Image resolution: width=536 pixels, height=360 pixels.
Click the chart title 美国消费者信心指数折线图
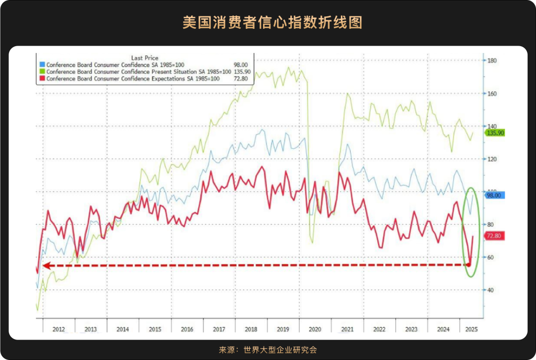click(268, 23)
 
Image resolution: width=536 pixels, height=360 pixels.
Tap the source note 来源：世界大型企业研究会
click(268, 349)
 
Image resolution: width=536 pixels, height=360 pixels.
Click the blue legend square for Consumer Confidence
click(42, 65)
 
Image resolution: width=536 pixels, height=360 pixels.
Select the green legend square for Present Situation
click(42, 72)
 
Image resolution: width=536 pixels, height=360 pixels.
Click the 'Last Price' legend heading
click(144, 58)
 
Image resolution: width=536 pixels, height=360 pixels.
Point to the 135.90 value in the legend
click(242, 72)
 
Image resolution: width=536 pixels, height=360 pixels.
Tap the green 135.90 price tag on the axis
click(494, 133)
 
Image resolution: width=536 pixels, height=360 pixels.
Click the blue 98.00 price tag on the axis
click(494, 195)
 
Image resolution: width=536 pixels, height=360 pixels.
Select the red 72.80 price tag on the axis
click(494, 237)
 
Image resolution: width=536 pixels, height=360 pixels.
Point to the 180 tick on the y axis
click(492, 61)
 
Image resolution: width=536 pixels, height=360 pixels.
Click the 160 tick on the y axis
click(492, 94)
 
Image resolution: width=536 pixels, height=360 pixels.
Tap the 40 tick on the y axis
click(490, 290)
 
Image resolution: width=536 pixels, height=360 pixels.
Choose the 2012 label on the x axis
click(59, 329)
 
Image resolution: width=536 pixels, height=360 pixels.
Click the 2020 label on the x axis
click(315, 329)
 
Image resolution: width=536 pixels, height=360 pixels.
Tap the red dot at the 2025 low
click(469, 265)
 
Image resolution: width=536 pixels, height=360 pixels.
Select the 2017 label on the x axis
click(219, 329)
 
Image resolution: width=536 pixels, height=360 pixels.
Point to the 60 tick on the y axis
click(490, 257)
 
